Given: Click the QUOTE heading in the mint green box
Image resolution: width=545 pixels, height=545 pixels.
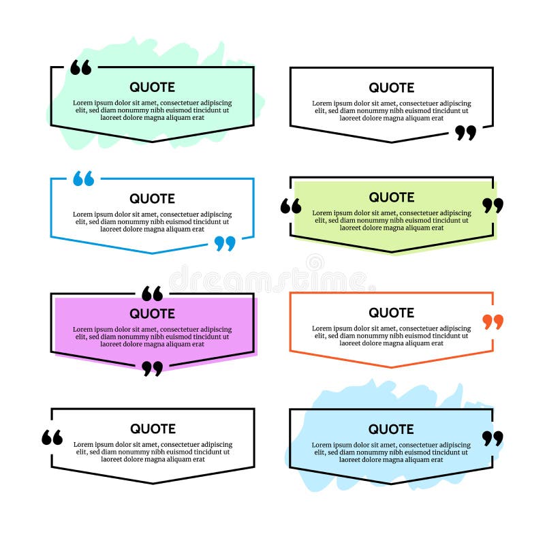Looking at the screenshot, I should coord(153,87).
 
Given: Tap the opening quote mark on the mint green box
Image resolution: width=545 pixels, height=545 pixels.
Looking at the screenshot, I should coord(80,67).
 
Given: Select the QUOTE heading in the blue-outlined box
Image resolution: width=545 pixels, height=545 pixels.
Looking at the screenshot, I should coord(153,199).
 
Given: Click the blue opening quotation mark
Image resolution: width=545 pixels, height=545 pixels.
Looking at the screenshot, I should coord(83,178).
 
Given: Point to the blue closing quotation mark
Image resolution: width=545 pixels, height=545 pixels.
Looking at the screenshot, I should coord(225,243).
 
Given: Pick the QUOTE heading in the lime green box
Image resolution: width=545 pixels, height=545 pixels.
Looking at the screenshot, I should coord(392,198).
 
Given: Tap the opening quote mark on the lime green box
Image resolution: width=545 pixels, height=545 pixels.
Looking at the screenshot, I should coord(291,206).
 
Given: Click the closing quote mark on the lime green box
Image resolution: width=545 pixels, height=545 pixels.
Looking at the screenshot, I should coord(493,205).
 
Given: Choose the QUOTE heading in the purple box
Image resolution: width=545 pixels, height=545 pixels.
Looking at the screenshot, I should coord(153,314).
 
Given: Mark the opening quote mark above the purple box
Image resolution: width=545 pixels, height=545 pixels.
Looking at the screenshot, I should coord(153,294).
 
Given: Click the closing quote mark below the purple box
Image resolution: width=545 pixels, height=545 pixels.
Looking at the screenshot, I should coord(153,369).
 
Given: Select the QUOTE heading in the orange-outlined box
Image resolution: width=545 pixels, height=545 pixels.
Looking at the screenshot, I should coord(392,313).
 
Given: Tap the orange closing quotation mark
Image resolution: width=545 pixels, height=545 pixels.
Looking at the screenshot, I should coord(493,322).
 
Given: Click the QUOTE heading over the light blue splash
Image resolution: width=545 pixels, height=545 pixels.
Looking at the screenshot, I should coord(392,429).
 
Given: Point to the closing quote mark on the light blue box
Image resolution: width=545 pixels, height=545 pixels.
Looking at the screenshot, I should coord(493,438).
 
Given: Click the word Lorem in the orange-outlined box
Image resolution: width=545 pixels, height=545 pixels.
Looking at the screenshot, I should coord(322,328).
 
